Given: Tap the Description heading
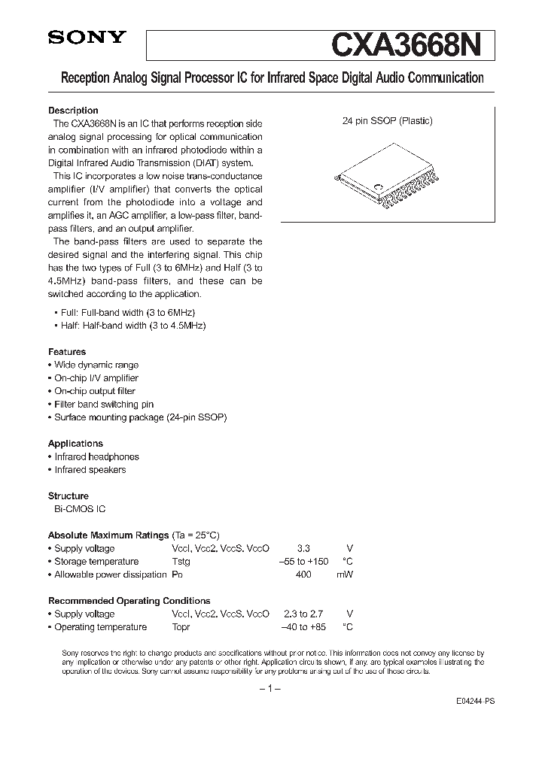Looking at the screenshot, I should [x=73, y=111].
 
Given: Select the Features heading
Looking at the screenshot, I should [x=67, y=352].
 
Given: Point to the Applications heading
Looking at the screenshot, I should [x=75, y=444].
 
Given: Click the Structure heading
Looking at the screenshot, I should [x=69, y=496].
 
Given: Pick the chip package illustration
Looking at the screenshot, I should [x=384, y=179].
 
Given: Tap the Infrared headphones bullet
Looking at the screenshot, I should [x=96, y=456].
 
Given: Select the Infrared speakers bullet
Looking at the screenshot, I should [x=90, y=470].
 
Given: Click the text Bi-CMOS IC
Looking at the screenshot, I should [x=79, y=509].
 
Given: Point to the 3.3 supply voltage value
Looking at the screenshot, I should [x=303, y=549].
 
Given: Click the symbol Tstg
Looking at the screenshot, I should [x=181, y=562].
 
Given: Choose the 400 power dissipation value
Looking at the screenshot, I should [x=303, y=575].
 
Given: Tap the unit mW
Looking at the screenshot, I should [x=345, y=575].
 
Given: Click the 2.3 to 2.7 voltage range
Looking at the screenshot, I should [x=303, y=614].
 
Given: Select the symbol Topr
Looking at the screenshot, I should [x=181, y=627].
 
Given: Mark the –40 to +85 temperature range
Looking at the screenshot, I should [x=303, y=627].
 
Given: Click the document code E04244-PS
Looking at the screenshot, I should [x=476, y=700].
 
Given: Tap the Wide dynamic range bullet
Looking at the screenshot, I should [x=96, y=365].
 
